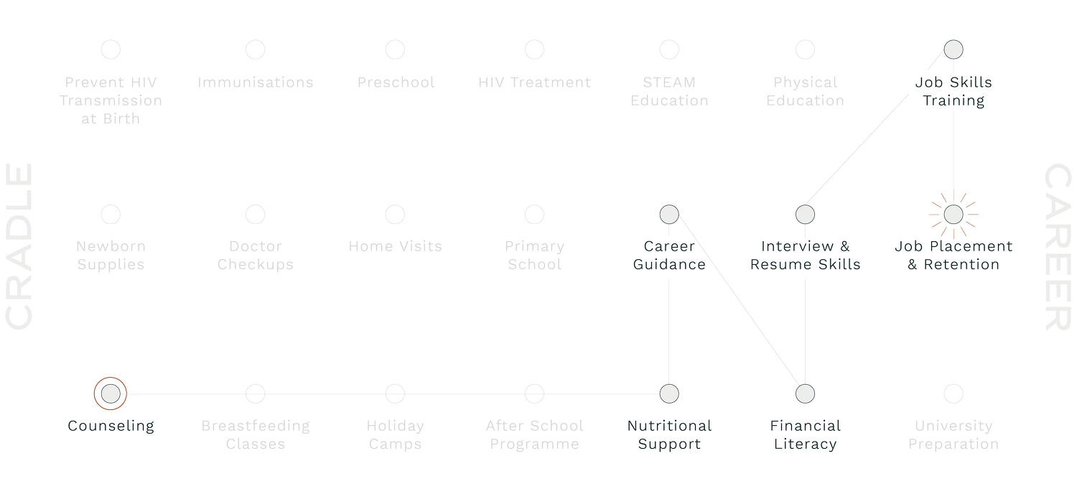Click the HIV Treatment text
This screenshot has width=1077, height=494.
click(534, 82)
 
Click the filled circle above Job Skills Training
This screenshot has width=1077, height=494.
click(953, 50)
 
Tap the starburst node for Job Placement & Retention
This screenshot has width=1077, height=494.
click(953, 214)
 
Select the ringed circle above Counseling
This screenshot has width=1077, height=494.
click(110, 393)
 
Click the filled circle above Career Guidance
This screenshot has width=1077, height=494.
click(668, 214)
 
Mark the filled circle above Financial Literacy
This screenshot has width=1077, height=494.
click(805, 393)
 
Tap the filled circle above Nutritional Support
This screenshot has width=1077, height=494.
click(668, 393)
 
